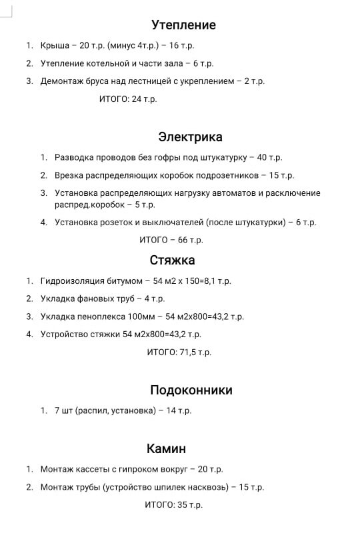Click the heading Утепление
(x=183, y=25)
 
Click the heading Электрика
(x=190, y=137)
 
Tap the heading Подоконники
(x=191, y=390)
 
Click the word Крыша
(x=55, y=46)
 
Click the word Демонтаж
(x=62, y=81)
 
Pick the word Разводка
(x=74, y=158)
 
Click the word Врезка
(x=69, y=176)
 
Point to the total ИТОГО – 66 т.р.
(x=171, y=239)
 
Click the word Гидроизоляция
(x=71, y=281)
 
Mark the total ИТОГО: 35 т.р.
(x=173, y=505)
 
